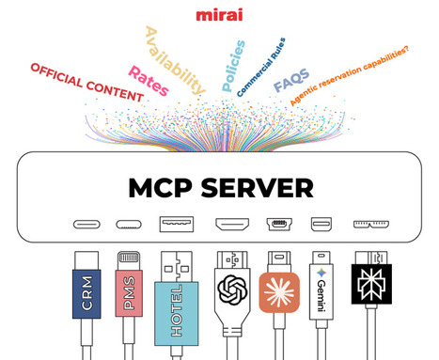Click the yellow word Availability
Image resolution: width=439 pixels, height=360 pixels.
pyautogui.click(x=174, y=59)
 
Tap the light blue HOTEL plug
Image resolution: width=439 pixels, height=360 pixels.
pyautogui.click(x=176, y=298)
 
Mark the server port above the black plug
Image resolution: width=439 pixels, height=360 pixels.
pyautogui.click(x=368, y=226)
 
